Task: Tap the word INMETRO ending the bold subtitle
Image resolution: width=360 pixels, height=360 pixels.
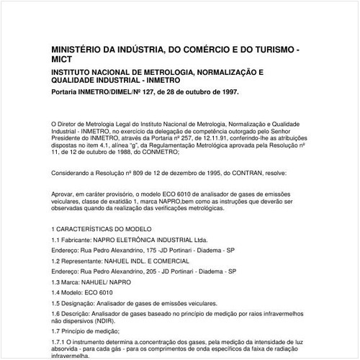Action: tap(192, 81)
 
